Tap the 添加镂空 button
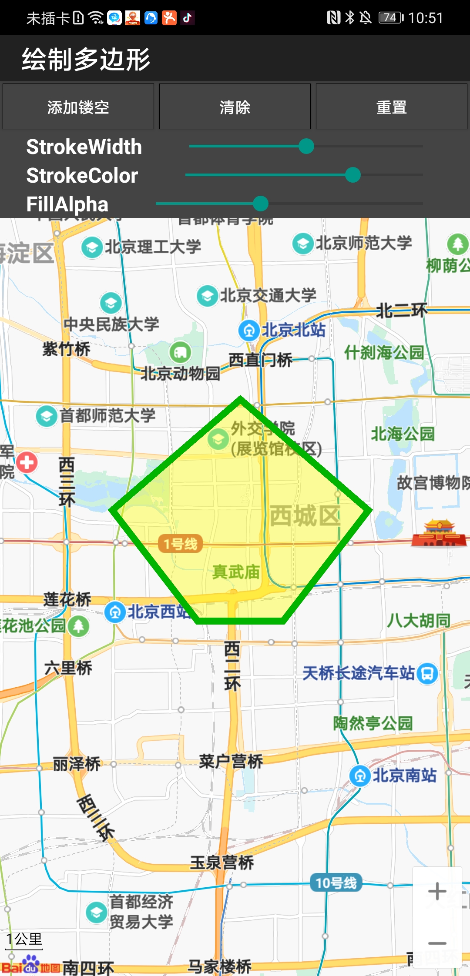pos(78,107)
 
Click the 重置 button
pos(391,107)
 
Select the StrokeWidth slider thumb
pos(306,146)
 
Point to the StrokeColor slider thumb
pos(352,175)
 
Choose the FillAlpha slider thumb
pos(261,203)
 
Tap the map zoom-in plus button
pos(437,891)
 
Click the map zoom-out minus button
pos(437,943)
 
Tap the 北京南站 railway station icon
pos(360,775)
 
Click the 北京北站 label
pos(293,330)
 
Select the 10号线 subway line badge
pos(336,882)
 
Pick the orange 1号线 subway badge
pos(180,544)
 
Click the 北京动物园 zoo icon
pos(180,352)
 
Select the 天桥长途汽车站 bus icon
pos(427,673)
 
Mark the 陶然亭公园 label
pos(373,723)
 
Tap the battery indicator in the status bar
pos(390,17)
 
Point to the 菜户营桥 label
pos(231,761)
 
